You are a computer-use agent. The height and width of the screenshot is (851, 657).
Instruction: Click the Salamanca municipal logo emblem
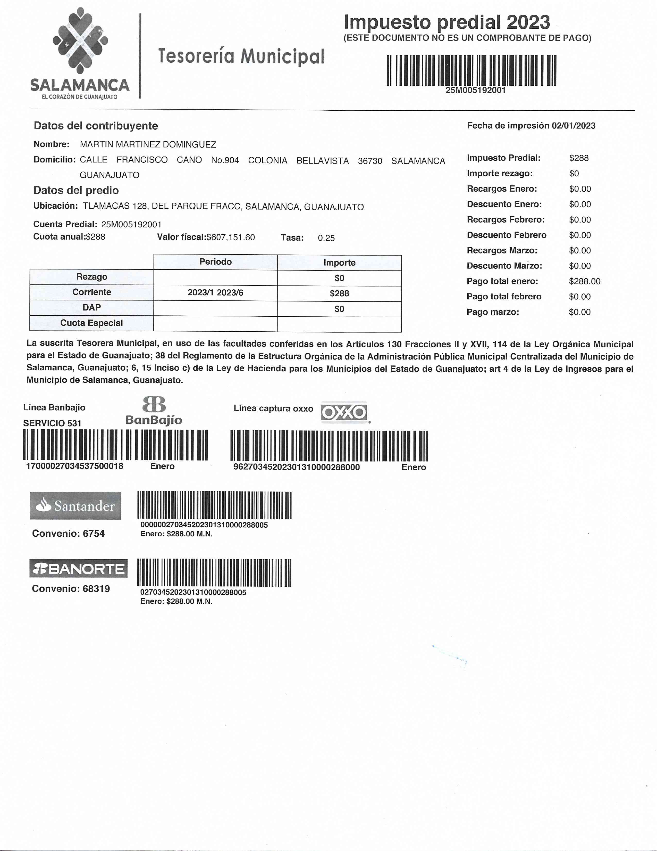click(80, 41)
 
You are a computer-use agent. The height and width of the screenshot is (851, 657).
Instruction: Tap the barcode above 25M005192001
click(471, 70)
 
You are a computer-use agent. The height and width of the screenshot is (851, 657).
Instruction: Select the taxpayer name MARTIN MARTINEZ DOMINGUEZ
click(148, 145)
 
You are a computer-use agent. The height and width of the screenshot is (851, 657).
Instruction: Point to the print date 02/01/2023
click(573, 126)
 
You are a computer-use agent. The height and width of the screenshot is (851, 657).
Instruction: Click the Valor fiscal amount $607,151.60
click(230, 237)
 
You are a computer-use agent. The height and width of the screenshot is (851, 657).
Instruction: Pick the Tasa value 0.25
click(326, 238)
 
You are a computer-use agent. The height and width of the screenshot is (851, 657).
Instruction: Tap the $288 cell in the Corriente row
click(339, 293)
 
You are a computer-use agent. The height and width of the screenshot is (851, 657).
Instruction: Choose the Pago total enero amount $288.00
click(584, 281)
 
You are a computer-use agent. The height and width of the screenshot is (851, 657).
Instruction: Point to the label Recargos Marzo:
click(502, 251)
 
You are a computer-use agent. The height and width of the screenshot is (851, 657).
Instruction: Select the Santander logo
click(75, 506)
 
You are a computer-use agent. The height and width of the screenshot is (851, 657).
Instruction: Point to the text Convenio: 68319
click(71, 588)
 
